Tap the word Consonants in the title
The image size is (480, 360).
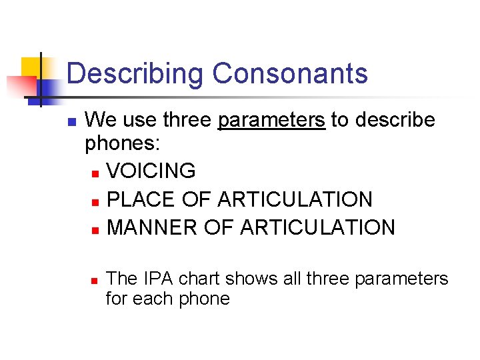coord(290,73)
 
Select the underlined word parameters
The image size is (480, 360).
coord(272,120)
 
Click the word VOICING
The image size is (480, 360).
coord(151,171)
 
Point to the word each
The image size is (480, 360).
coord(153,299)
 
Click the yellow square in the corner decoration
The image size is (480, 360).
coord(31,67)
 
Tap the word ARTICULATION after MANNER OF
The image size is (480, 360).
coord(317,227)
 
